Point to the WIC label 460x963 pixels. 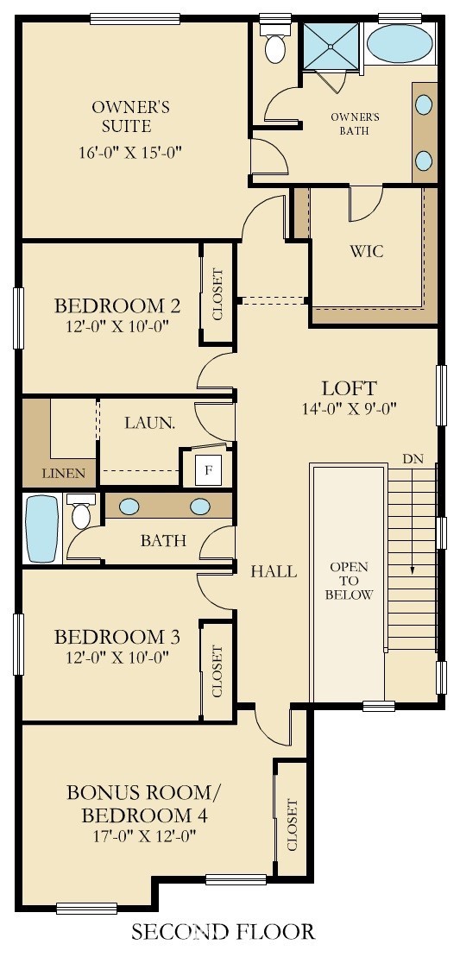[366, 252]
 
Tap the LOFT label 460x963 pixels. [349, 387]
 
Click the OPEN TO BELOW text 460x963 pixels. [350, 581]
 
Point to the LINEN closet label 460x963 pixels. [64, 473]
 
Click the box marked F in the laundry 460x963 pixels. [206, 471]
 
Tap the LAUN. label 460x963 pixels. [150, 423]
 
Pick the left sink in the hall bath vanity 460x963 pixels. [129, 507]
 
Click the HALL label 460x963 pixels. [274, 571]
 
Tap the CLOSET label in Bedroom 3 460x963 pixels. [217, 670]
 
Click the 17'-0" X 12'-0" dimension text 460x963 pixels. [144, 835]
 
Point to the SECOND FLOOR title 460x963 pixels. [223, 931]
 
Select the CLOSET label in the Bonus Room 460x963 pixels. [291, 824]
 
